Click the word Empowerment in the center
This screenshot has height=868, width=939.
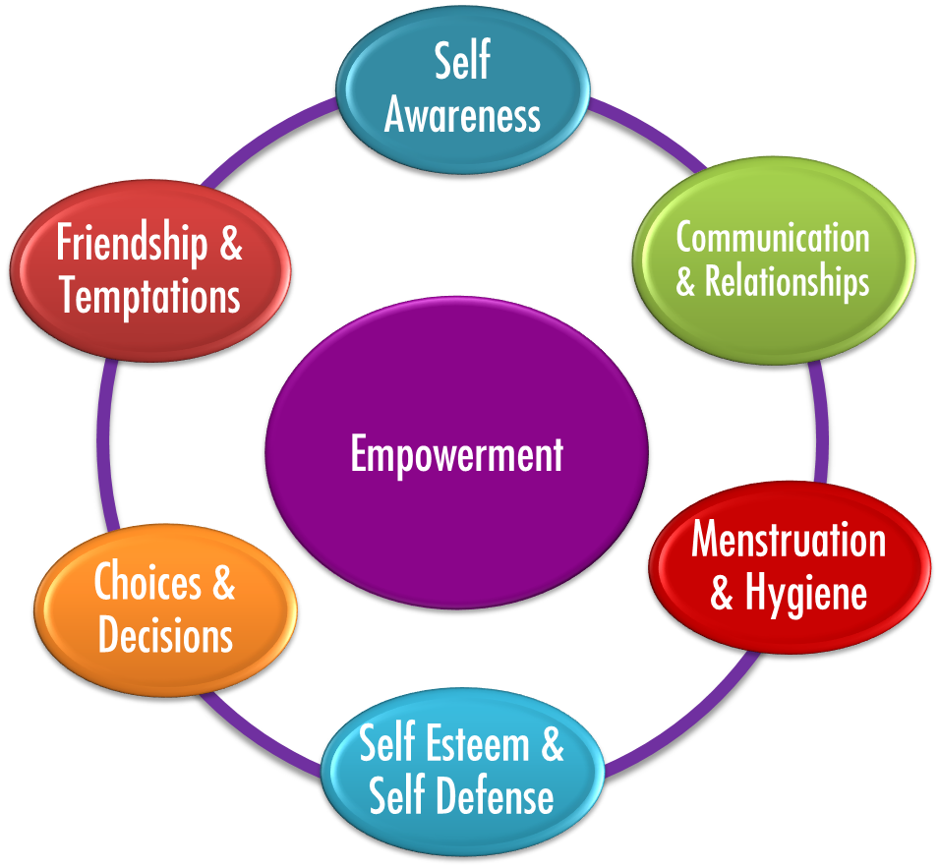tap(457, 455)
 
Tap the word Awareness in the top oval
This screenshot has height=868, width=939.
tap(462, 115)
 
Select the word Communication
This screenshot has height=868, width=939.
tap(773, 238)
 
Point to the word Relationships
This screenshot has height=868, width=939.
tap(787, 283)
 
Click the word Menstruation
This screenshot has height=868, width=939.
tap(789, 541)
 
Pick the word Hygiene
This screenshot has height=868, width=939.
tap(805, 593)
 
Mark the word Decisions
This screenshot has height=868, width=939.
tap(165, 636)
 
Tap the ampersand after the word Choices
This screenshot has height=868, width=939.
tap(222, 583)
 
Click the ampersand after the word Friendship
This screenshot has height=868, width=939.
tap(230, 244)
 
